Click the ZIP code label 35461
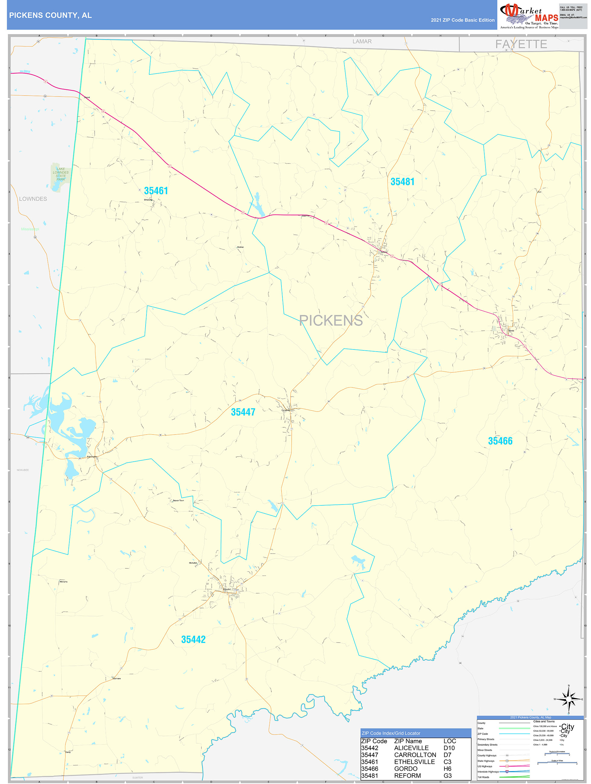(x=156, y=191)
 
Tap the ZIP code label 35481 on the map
(x=402, y=182)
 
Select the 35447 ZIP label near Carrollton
(x=243, y=412)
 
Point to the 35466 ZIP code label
(x=500, y=441)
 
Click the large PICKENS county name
(x=331, y=321)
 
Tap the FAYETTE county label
(x=521, y=44)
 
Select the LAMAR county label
(x=362, y=42)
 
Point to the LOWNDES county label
(x=33, y=199)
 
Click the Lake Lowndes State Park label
(x=61, y=174)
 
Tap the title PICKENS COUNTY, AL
(x=50, y=15)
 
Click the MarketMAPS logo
(x=529, y=15)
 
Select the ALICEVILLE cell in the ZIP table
(x=411, y=748)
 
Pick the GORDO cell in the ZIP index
(x=406, y=768)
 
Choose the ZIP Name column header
(x=408, y=741)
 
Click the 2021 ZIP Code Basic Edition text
(x=462, y=20)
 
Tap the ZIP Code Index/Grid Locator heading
(x=391, y=733)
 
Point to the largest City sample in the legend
(x=567, y=727)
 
